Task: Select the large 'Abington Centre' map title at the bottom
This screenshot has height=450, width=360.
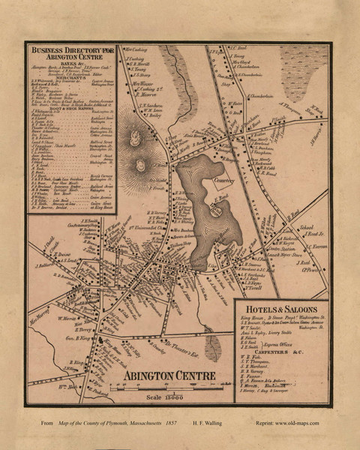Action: pyautogui.click(x=169, y=375)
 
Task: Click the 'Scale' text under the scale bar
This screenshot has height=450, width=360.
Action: pyautogui.click(x=160, y=397)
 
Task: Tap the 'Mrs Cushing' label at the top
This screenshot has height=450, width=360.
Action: pyautogui.click(x=135, y=47)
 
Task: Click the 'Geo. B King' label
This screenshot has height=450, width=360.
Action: pyautogui.click(x=77, y=340)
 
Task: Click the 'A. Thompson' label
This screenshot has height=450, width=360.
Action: pyautogui.click(x=290, y=106)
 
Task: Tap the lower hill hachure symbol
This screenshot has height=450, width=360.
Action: pyautogui.click(x=142, y=165)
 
